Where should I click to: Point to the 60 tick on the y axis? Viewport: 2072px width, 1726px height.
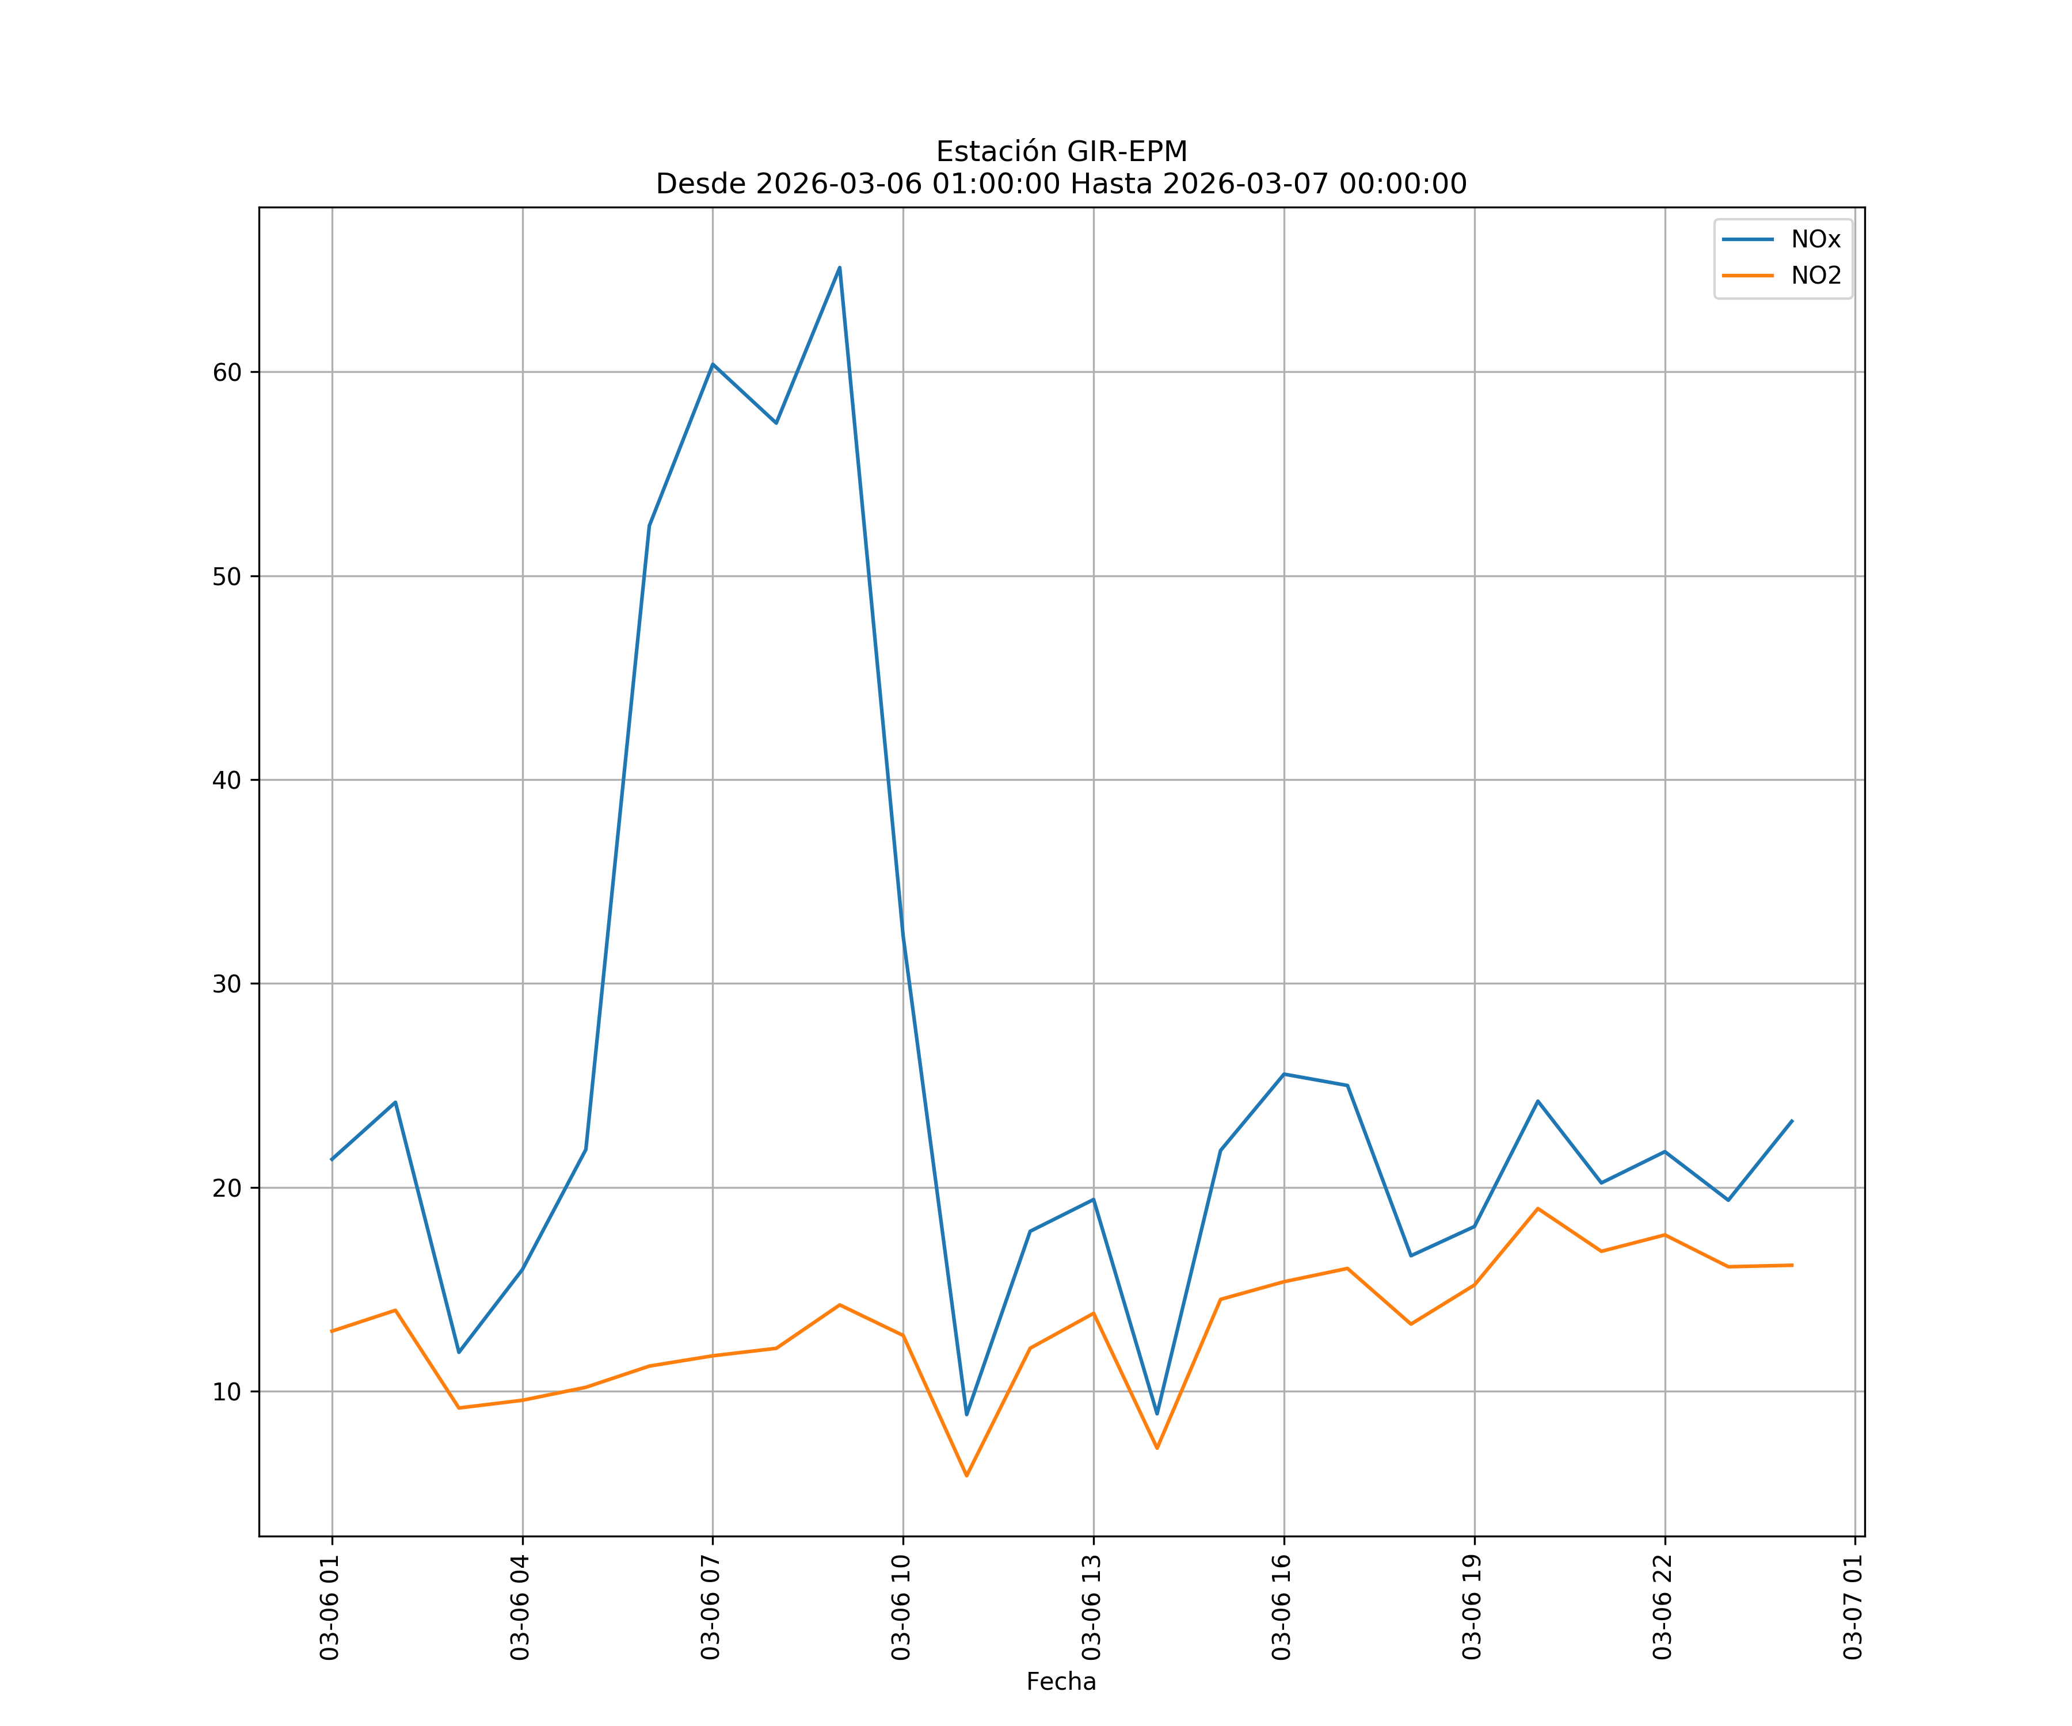pyautogui.click(x=227, y=373)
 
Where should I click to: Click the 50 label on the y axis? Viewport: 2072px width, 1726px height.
pyautogui.click(x=227, y=577)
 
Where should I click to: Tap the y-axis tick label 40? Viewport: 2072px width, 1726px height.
pyautogui.click(x=227, y=780)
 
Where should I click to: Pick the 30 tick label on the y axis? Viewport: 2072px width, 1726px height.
pyautogui.click(x=227, y=984)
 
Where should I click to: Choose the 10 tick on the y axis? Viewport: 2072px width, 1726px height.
pyautogui.click(x=227, y=1392)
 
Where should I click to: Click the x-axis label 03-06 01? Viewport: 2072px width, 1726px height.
pyautogui.click(x=330, y=1607)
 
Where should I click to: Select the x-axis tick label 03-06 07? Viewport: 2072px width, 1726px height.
pyautogui.click(x=711, y=1607)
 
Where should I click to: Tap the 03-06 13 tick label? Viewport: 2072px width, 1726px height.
pyautogui.click(x=1092, y=1607)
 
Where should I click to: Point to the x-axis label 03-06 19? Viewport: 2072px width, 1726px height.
pyautogui.click(x=1473, y=1607)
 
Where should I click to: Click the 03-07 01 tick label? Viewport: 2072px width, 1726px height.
pyautogui.click(x=1854, y=1607)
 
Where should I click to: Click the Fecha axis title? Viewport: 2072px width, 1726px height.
pyautogui.click(x=1061, y=1682)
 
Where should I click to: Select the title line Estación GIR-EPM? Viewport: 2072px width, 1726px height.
pyautogui.click(x=1061, y=152)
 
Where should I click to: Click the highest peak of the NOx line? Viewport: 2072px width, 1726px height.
pyautogui.click(x=840, y=268)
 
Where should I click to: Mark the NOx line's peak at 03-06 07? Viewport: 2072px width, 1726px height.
pyautogui.click(x=713, y=364)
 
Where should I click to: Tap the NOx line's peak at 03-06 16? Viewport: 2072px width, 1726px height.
pyautogui.click(x=1283, y=1074)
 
